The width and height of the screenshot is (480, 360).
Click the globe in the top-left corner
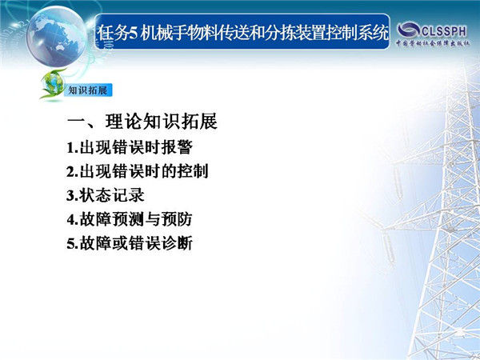[56, 36]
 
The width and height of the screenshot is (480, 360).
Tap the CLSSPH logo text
[444, 31]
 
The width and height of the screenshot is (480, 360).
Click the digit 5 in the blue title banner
[133, 33]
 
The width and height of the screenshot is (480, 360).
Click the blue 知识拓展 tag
[88, 90]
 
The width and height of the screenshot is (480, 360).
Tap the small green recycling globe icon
[53, 84]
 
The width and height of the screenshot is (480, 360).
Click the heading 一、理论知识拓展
[142, 122]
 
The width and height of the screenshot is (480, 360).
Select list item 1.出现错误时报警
[130, 148]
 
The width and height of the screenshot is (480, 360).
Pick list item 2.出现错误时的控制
[138, 171]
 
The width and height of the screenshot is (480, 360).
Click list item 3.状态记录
[106, 195]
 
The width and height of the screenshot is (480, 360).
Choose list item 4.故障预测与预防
[130, 219]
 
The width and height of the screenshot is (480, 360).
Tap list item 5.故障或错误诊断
[130, 243]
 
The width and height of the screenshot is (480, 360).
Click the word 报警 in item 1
[177, 148]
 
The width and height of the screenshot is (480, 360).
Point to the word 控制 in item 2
[193, 171]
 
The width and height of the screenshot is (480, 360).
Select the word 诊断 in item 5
[177, 243]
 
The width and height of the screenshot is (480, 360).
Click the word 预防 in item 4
[177, 219]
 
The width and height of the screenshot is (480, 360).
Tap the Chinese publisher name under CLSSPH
[433, 43]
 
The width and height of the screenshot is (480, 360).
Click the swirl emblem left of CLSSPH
[408, 30]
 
